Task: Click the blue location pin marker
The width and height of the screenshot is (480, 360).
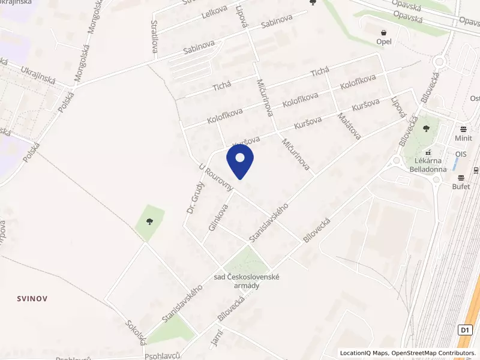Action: tap(240, 159)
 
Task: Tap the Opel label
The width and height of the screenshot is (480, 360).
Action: tap(383, 41)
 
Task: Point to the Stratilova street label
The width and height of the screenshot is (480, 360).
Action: tap(155, 36)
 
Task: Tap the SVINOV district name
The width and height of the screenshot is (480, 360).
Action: tap(32, 298)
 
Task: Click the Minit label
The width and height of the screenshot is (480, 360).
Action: tap(463, 137)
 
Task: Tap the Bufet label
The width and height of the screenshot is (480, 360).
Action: tap(461, 187)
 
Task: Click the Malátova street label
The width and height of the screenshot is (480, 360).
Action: tap(349, 126)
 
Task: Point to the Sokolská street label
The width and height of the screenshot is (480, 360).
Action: tap(136, 332)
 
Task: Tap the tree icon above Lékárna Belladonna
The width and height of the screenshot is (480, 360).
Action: tap(427, 128)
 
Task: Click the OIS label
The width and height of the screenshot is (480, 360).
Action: tap(461, 154)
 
